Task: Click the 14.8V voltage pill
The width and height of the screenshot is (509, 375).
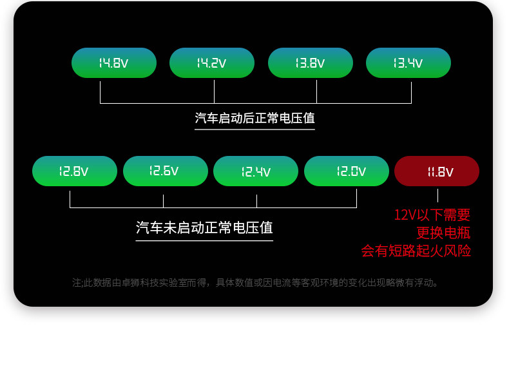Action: (x=114, y=63)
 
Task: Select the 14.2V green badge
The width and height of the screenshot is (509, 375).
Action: (x=212, y=63)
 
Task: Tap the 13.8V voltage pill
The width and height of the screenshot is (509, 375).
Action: (x=311, y=63)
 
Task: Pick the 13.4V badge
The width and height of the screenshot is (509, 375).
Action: (x=408, y=63)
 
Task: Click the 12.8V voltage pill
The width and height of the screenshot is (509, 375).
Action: (x=75, y=171)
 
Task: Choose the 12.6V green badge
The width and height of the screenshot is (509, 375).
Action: (x=166, y=171)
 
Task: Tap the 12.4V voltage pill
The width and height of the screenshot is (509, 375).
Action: (x=256, y=171)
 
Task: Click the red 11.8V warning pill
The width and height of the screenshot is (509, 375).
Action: (x=437, y=171)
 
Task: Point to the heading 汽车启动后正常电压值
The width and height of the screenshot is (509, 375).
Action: (x=254, y=119)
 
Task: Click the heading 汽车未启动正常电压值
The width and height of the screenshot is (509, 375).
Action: (x=204, y=228)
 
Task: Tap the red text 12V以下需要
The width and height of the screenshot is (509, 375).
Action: (x=432, y=215)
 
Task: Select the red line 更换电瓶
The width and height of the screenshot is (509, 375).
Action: (x=443, y=233)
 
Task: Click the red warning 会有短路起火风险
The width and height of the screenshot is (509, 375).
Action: (x=416, y=251)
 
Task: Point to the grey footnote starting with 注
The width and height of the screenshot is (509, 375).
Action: (x=256, y=283)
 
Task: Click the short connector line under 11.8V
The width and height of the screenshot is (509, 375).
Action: (x=437, y=195)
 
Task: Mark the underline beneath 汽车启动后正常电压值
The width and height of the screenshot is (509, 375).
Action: (x=254, y=130)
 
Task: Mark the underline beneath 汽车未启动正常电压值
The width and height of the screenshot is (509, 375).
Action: (x=204, y=241)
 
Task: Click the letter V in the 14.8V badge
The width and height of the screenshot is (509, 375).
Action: (x=124, y=64)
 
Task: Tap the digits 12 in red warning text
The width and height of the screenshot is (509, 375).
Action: (x=401, y=215)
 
